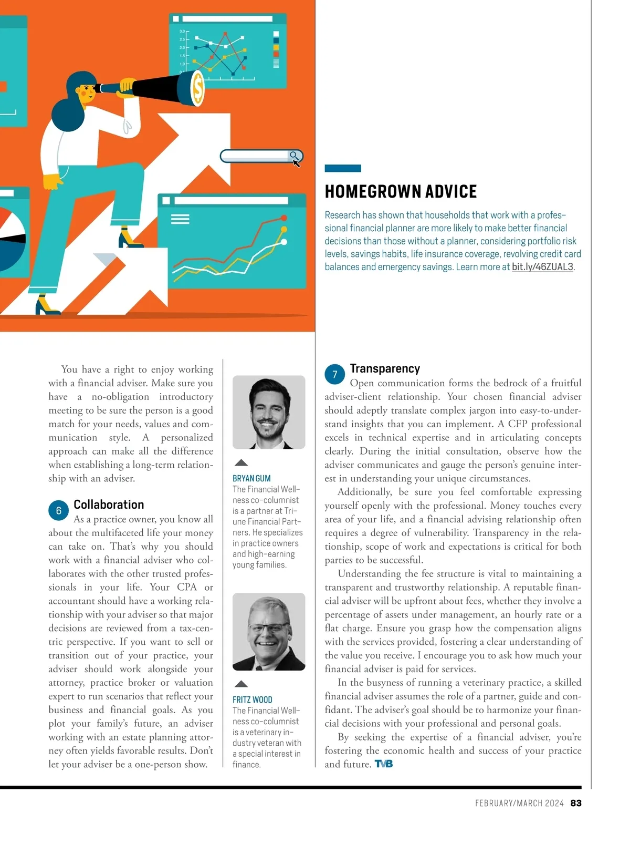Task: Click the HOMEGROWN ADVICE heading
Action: pyautogui.click(x=401, y=192)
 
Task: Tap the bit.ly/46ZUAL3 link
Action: pyautogui.click(x=542, y=267)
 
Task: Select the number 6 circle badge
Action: pyautogui.click(x=58, y=510)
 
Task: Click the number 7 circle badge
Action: pyautogui.click(x=334, y=374)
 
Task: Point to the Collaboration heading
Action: pyautogui.click(x=109, y=505)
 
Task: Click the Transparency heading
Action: pyautogui.click(x=385, y=368)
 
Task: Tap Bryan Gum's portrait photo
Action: pyautogui.click(x=269, y=412)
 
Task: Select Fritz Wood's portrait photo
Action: pyautogui.click(x=269, y=631)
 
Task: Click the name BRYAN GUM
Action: pyautogui.click(x=251, y=478)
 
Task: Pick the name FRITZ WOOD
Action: pyautogui.click(x=253, y=699)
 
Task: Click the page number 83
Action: pyautogui.click(x=576, y=803)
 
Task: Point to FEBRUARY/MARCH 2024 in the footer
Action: pyautogui.click(x=519, y=803)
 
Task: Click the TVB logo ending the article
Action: pyautogui.click(x=384, y=764)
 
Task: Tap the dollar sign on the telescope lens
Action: pyautogui.click(x=198, y=88)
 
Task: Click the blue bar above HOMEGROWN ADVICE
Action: pyautogui.click(x=343, y=168)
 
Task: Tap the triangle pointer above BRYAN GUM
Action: pyautogui.click(x=241, y=462)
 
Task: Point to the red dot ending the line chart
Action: pyautogui.click(x=284, y=218)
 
